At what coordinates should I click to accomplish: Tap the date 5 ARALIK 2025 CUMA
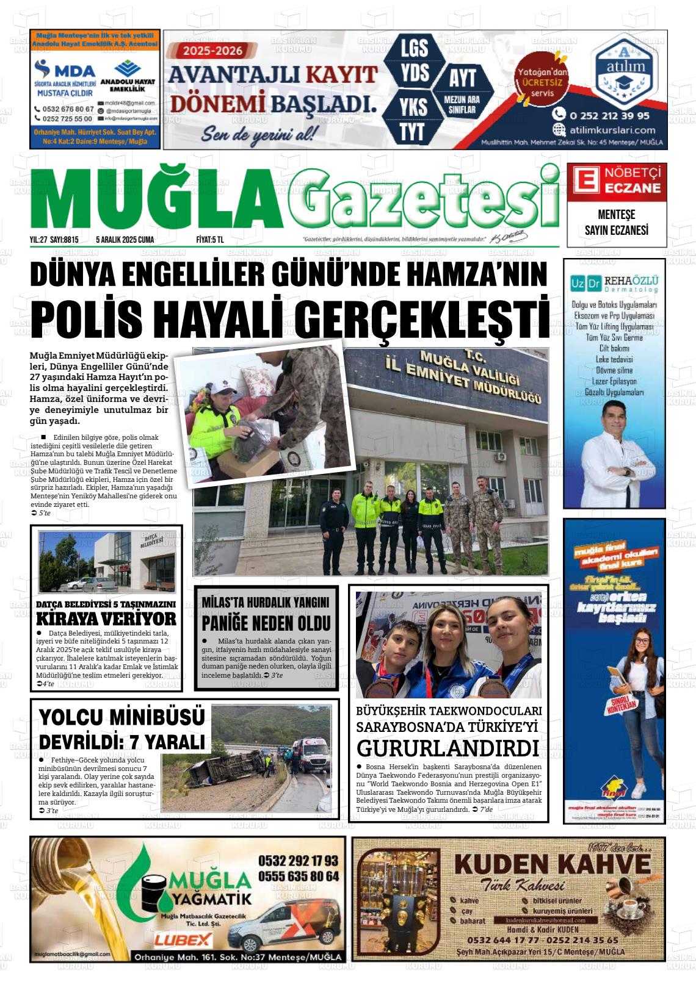tap(125, 240)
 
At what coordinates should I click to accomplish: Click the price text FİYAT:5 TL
tap(210, 240)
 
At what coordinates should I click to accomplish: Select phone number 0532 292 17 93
tap(298, 861)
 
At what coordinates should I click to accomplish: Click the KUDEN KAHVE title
tap(553, 864)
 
